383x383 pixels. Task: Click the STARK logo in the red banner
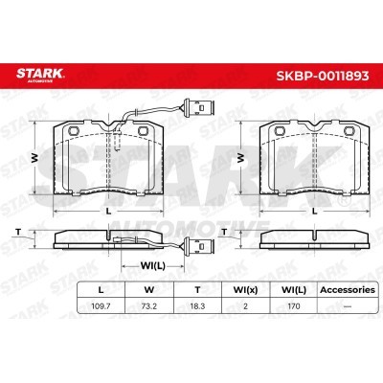tap(40, 75)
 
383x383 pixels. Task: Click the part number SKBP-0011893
tap(323, 76)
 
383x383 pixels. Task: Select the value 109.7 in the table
tap(101, 306)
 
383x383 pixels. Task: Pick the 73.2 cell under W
tap(149, 306)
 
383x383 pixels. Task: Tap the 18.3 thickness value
tap(197, 306)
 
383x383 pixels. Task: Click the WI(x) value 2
tap(245, 306)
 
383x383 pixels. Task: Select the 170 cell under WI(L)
tap(294, 306)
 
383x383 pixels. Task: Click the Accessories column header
tap(348, 290)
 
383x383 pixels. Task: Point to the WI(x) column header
tap(245, 290)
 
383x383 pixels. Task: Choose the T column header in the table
tap(197, 290)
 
